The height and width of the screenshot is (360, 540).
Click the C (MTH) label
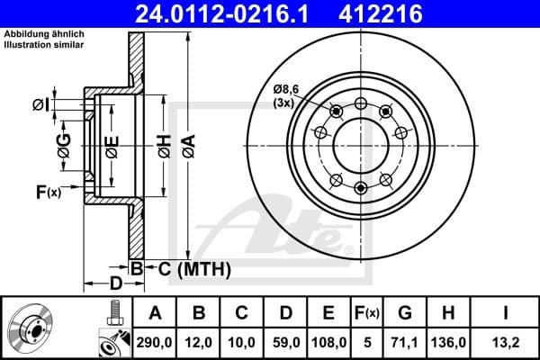click(189, 269)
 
